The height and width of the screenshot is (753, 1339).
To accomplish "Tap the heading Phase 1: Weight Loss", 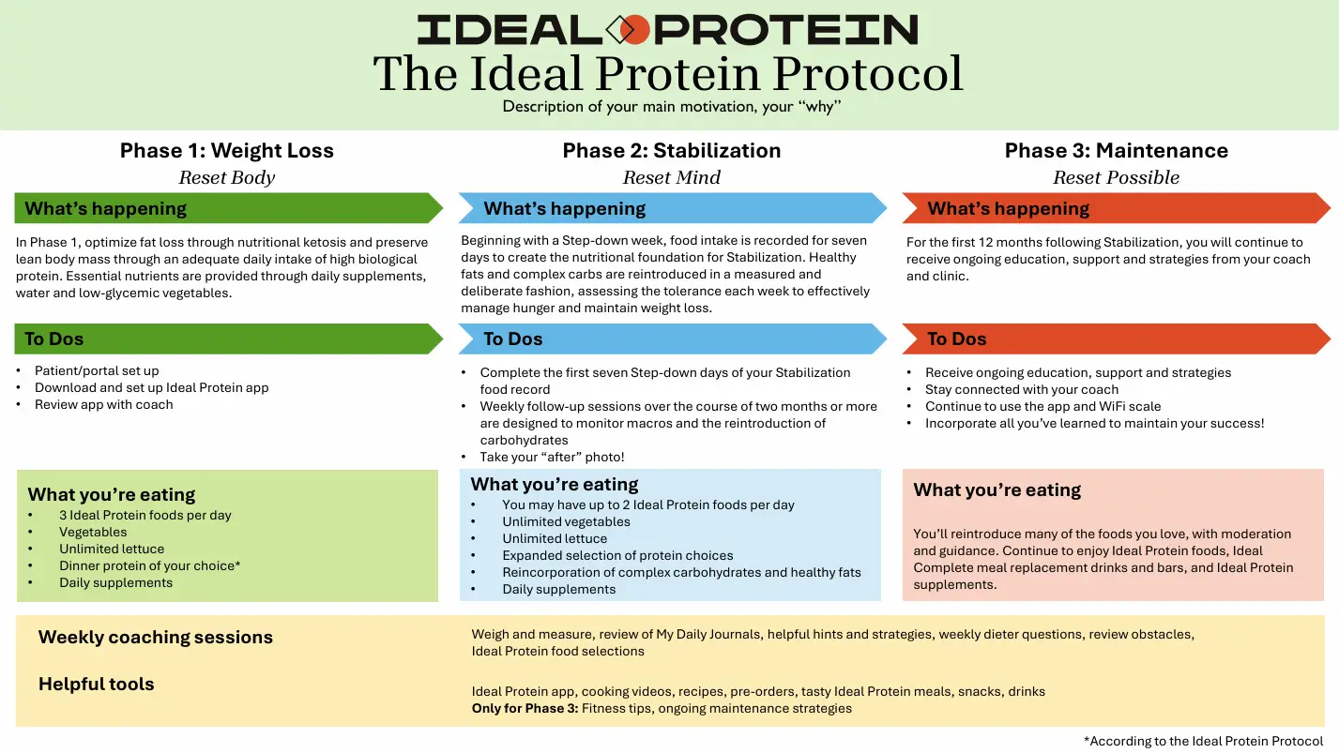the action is point(226,151).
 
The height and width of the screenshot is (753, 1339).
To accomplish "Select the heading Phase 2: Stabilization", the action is point(671,151).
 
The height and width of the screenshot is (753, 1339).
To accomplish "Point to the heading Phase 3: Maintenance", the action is point(1116,151).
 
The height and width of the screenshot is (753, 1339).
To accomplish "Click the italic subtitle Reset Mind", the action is point(671,177).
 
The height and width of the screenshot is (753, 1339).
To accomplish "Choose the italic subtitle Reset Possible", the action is point(1116,177).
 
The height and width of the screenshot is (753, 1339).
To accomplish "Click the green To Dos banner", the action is point(228,339).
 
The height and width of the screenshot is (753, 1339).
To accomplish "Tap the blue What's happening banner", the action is point(673,208).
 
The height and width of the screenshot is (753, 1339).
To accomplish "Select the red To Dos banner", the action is point(1116,339).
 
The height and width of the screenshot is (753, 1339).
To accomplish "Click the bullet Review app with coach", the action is point(103,404).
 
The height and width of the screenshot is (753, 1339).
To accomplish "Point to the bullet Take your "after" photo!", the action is point(552,458).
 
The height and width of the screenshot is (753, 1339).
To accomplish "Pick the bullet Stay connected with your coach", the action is point(1022,390).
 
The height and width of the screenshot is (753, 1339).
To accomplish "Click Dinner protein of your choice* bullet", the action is point(149,566).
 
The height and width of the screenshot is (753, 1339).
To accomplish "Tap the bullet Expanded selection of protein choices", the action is point(617,556).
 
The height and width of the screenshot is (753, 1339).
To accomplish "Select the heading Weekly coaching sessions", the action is point(156,637).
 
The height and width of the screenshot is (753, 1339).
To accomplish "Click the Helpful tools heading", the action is point(97,684).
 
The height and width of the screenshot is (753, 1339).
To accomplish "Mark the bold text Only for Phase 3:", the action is point(525,709).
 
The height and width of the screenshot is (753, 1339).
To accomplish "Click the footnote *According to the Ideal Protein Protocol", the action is point(1203,741).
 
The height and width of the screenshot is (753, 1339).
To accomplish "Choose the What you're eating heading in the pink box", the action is point(997,490).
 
